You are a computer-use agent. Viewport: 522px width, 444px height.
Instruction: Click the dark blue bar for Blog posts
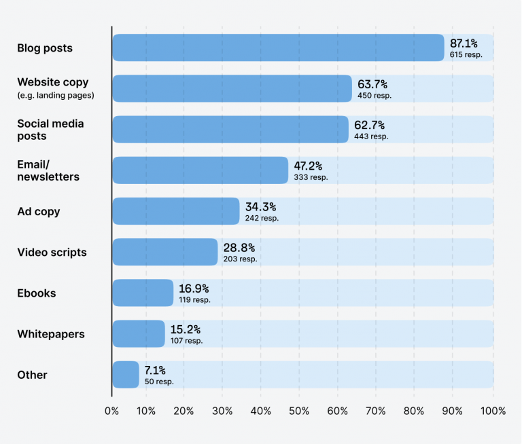277,48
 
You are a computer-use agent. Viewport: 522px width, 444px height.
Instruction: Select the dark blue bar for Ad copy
175,211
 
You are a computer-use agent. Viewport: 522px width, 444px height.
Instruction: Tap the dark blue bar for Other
125,375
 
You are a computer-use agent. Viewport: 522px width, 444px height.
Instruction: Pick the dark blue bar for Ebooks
143,293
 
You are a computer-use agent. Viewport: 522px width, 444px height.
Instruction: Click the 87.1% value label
464,43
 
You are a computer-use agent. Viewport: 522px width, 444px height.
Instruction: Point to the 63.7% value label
372,84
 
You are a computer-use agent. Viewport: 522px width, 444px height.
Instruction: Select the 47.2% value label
307,166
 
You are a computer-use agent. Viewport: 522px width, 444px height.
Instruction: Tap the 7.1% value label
155,370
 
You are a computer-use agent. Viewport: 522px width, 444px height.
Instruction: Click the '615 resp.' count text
466,55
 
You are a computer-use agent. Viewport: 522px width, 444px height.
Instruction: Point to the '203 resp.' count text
241,259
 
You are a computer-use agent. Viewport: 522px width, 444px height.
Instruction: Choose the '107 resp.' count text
186,341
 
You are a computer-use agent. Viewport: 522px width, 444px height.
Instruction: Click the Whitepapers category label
51,334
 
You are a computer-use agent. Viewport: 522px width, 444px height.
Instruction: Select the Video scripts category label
52,253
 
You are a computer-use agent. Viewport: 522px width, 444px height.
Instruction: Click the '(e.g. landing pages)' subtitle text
56,96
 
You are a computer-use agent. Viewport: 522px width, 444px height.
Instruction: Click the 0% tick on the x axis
111,411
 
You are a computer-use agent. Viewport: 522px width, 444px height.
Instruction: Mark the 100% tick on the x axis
493,411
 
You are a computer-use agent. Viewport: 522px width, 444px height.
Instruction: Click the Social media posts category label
50,130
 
